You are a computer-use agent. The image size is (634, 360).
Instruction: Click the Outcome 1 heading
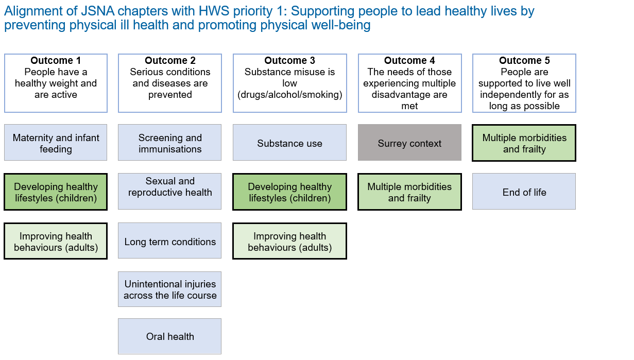coord(56,61)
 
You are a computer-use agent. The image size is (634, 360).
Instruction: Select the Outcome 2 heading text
coord(170,61)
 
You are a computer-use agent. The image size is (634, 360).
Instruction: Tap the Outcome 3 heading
coord(289,61)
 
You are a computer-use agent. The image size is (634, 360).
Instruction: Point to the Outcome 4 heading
coord(409,61)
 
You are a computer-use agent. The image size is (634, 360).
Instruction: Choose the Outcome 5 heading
coord(524,61)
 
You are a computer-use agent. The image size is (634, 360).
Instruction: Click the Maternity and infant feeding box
coord(56,143)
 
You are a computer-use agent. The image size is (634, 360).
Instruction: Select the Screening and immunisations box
coord(170,143)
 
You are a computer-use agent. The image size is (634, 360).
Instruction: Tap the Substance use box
coord(289,144)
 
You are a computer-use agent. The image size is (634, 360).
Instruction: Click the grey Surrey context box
coord(409,144)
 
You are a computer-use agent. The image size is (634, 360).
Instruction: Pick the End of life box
coord(524,192)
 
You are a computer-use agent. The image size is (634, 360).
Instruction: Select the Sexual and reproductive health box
coord(170,187)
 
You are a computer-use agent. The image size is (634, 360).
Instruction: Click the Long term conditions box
coord(170,242)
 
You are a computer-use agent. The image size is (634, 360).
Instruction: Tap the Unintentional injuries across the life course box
coord(170,290)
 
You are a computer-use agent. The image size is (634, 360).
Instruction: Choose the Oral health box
coord(170,337)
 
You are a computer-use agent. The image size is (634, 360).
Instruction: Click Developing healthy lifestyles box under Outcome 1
coord(56,192)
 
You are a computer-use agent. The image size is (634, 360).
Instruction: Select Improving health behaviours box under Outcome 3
coord(289,242)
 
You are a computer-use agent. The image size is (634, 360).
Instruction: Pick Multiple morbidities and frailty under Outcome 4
coord(409,192)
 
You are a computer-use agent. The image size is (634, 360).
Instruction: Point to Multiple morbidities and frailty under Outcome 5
coord(524,143)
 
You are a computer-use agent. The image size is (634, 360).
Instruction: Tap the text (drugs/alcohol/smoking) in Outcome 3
coord(289,95)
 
